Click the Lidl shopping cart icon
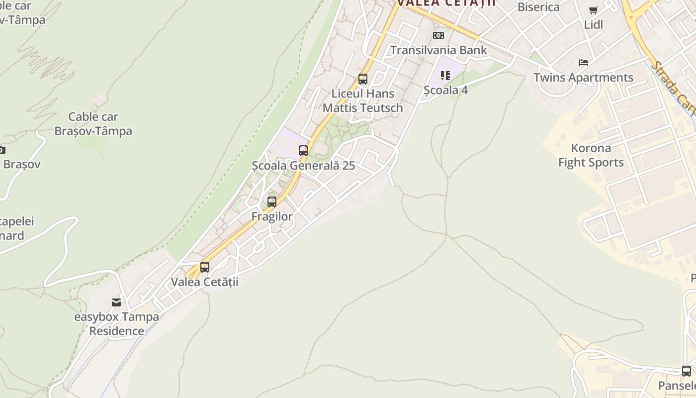click(x=593, y=10)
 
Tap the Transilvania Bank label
click(x=438, y=50)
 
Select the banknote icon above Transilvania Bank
click(x=438, y=35)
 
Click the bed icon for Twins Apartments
click(x=584, y=63)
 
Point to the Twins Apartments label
click(x=583, y=78)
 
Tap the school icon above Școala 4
click(x=445, y=76)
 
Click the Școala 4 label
click(x=445, y=90)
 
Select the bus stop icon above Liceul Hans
click(x=363, y=79)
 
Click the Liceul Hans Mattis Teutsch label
click(x=363, y=100)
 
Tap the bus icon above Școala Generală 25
click(x=303, y=150)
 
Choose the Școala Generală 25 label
click(x=303, y=165)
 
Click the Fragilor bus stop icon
click(x=271, y=202)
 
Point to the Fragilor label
click(x=272, y=216)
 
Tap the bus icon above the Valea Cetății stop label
click(x=204, y=267)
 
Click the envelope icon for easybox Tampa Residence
click(x=116, y=302)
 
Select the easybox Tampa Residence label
click(x=117, y=323)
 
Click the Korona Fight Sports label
click(x=591, y=155)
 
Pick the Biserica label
click(x=538, y=7)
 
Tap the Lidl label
click(x=594, y=24)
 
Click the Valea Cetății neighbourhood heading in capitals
click(x=446, y=3)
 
